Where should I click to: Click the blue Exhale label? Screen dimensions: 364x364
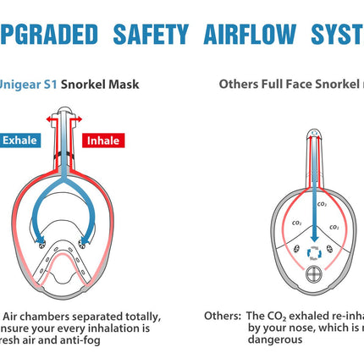18,141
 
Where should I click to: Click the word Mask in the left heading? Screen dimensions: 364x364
122,85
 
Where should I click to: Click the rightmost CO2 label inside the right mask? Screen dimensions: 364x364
334,227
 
